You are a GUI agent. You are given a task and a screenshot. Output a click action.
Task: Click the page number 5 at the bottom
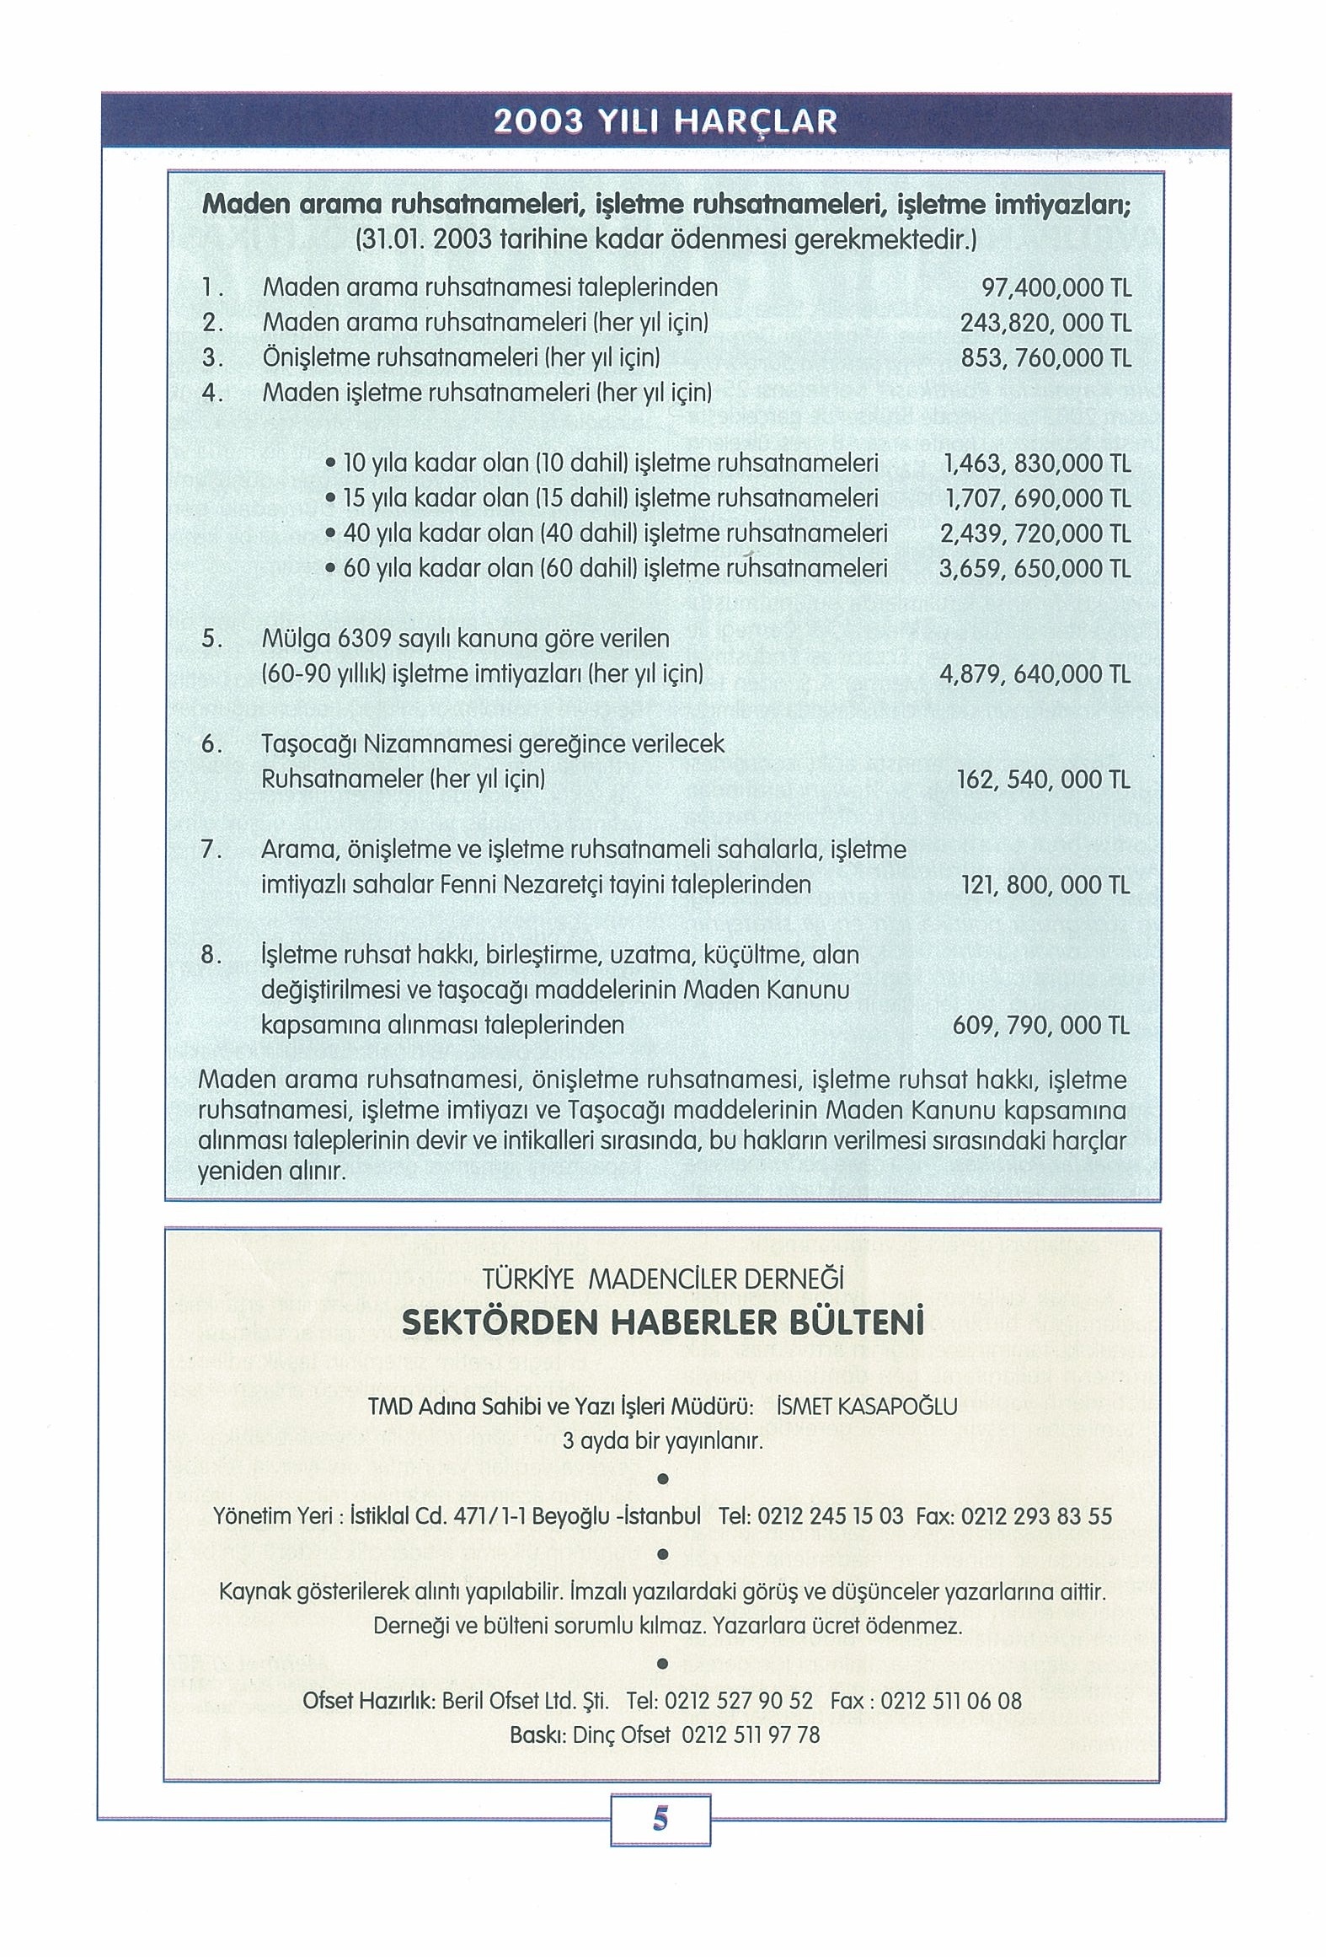(660, 1820)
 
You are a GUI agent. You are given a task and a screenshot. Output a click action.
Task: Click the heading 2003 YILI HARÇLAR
(666, 122)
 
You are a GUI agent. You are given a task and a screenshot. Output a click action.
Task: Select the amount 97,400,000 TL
(1056, 288)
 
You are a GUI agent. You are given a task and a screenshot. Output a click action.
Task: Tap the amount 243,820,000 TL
(1045, 324)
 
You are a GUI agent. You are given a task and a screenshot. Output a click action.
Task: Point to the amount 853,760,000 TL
(1045, 358)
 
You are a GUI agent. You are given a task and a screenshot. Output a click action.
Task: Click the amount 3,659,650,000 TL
(1035, 569)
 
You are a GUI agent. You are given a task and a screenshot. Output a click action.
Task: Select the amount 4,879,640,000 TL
(1035, 674)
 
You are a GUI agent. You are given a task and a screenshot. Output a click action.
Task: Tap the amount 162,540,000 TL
(1043, 780)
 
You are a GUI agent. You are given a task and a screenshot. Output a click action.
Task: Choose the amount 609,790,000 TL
(1040, 1026)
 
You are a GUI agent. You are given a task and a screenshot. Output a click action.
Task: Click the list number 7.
(211, 850)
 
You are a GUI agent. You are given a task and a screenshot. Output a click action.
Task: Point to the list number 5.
(211, 639)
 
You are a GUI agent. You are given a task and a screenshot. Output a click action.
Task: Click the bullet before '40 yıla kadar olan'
(332, 534)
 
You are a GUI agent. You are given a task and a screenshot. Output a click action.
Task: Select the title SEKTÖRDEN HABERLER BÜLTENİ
(663, 1322)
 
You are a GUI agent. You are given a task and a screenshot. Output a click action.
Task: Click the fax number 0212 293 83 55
(1035, 1516)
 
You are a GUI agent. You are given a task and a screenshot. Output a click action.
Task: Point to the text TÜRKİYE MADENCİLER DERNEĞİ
(663, 1279)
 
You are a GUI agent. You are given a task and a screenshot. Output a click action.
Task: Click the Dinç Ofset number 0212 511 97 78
(750, 1734)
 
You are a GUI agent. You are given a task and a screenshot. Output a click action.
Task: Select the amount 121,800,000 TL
(1045, 885)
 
